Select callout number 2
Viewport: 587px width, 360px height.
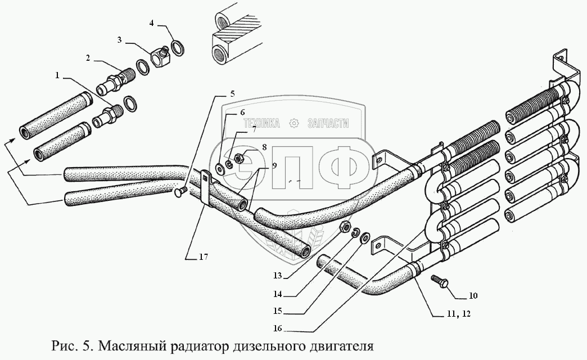pos(88,57)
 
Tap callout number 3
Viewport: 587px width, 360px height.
pos(120,40)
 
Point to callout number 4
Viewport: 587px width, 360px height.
pos(151,23)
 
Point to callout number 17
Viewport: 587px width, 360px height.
pos(204,257)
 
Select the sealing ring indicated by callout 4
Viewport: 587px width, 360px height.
pos(177,47)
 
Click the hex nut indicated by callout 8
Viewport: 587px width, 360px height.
pos(237,159)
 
